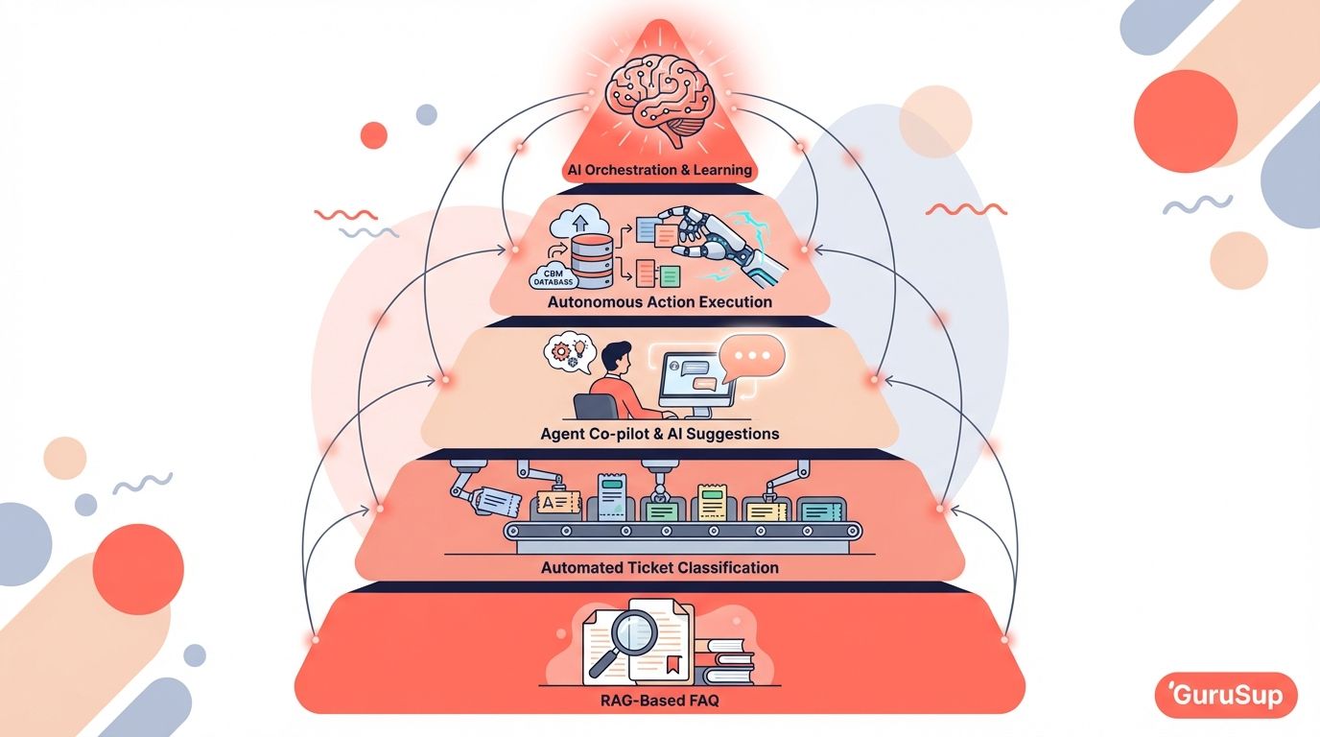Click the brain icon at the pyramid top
pyautogui.click(x=660, y=97)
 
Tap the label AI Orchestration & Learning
pyautogui.click(x=659, y=170)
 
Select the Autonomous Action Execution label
pyautogui.click(x=659, y=302)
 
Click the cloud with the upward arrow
pyautogui.click(x=579, y=222)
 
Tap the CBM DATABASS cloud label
pyautogui.click(x=554, y=277)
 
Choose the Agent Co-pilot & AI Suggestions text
pyautogui.click(x=659, y=434)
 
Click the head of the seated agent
pyautogui.click(x=615, y=357)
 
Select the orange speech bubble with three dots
pyautogui.click(x=751, y=358)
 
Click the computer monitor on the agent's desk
pyautogui.click(x=696, y=383)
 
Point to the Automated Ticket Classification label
pyautogui.click(x=659, y=568)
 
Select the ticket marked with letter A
pyautogui.click(x=556, y=503)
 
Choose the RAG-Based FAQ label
pyautogui.click(x=659, y=701)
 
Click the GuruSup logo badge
pyautogui.click(x=1226, y=695)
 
